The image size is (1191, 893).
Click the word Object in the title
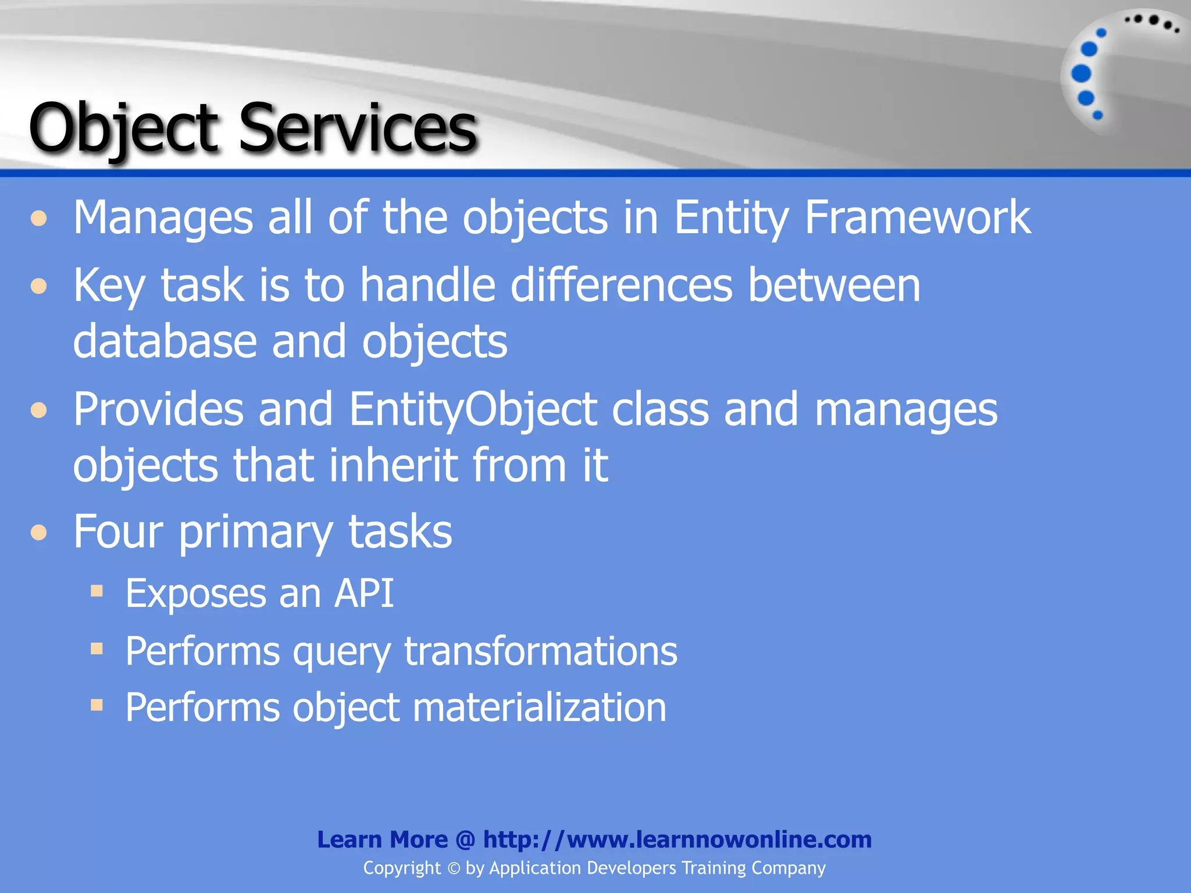pyautogui.click(x=123, y=128)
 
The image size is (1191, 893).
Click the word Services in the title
pyautogui.click(x=357, y=128)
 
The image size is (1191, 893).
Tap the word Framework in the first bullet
pyautogui.click(x=917, y=217)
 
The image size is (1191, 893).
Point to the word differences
pyautogui.click(x=621, y=285)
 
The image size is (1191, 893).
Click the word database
pyautogui.click(x=165, y=341)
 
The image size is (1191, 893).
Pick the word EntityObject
pyautogui.click(x=473, y=409)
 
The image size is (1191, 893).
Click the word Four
pyautogui.click(x=118, y=531)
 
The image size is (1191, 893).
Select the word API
pyautogui.click(x=364, y=594)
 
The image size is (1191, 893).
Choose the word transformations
pyautogui.click(x=540, y=651)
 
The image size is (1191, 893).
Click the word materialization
pyautogui.click(x=539, y=708)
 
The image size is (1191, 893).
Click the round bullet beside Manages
pyautogui.click(x=39, y=219)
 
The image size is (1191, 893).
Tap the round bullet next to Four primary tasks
pyautogui.click(x=39, y=532)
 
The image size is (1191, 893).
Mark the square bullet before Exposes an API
pyautogui.click(x=97, y=592)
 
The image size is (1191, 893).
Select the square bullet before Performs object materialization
pyautogui.click(x=97, y=706)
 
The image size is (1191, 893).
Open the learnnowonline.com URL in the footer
pyautogui.click(x=677, y=840)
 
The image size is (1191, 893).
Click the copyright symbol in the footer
pyautogui.click(x=454, y=869)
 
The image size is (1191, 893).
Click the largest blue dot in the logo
pyautogui.click(x=1081, y=74)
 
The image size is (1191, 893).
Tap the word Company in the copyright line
pyautogui.click(x=788, y=868)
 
